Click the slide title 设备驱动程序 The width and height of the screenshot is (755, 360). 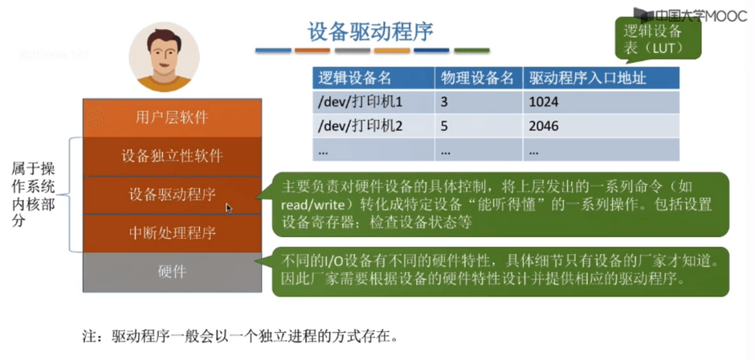[370, 32]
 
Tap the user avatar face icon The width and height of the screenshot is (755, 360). [164, 56]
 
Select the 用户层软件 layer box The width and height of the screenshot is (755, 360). [173, 117]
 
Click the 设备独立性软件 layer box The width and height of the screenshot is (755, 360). [173, 157]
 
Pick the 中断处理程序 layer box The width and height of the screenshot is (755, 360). [173, 233]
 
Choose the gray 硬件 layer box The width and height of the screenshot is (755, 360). [173, 272]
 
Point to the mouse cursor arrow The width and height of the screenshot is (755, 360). [229, 208]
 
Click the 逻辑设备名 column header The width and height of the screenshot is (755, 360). [373, 78]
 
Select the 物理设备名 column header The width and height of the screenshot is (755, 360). [479, 78]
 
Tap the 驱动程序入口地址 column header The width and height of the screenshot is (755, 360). [602, 78]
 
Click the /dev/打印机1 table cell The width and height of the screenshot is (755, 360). [373, 102]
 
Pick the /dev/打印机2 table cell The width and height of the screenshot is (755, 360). [373, 126]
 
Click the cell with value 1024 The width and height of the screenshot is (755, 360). [602, 102]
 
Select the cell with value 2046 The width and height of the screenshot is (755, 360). [602, 126]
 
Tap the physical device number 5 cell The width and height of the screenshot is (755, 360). [479, 126]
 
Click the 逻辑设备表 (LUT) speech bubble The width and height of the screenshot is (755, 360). [658, 39]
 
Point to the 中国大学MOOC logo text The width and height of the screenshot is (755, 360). [693, 15]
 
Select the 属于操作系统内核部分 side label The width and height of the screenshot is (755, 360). [33, 195]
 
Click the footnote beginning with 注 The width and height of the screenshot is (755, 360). [241, 335]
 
